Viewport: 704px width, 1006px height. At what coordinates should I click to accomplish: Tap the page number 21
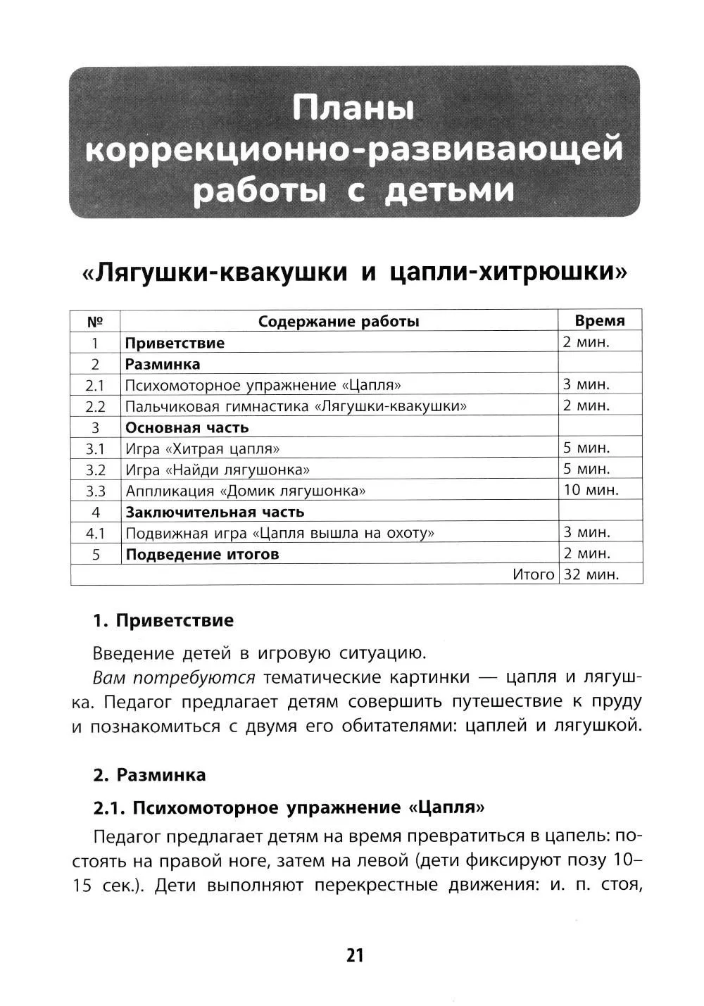(x=355, y=955)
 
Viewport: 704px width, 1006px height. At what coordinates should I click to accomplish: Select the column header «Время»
(x=599, y=321)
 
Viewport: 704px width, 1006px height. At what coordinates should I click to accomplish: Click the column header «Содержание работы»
(x=339, y=322)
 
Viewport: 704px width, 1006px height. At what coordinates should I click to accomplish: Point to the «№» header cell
(x=95, y=322)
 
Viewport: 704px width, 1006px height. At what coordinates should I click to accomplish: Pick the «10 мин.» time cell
(x=591, y=490)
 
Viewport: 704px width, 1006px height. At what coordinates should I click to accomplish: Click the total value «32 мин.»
(x=591, y=574)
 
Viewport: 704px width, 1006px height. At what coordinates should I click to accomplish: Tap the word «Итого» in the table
(x=534, y=574)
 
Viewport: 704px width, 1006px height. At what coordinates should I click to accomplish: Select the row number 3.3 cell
(x=95, y=491)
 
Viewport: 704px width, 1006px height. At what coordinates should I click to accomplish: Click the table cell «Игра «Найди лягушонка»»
(x=218, y=470)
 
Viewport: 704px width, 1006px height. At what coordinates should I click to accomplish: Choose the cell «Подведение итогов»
(x=202, y=554)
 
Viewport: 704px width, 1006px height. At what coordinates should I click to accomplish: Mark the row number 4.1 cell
(x=95, y=533)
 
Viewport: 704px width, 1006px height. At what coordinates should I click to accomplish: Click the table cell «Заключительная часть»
(x=215, y=512)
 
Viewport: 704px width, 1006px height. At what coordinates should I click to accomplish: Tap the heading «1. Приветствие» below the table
(x=163, y=620)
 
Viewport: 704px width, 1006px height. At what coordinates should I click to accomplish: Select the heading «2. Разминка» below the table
(x=150, y=775)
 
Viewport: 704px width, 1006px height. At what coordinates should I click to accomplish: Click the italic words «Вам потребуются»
(x=174, y=677)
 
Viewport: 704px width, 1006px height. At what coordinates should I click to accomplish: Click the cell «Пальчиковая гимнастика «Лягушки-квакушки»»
(x=296, y=406)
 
